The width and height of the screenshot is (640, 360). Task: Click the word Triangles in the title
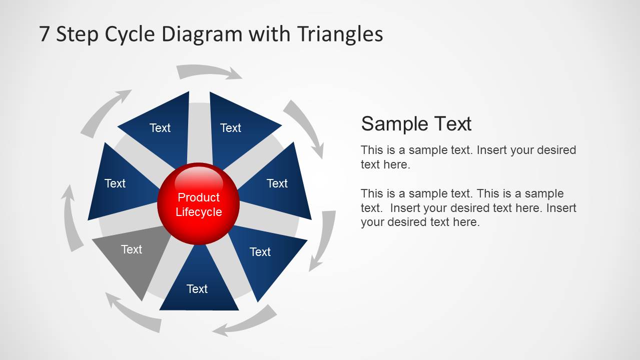click(x=340, y=34)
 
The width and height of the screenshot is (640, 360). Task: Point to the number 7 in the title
click(x=45, y=34)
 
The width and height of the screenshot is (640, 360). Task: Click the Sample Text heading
click(x=416, y=123)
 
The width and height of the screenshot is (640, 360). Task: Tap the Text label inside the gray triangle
click(x=132, y=249)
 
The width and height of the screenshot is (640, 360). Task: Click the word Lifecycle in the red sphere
click(x=199, y=212)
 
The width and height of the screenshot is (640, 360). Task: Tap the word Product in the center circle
click(x=199, y=197)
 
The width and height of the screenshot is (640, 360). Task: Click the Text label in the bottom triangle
click(x=197, y=289)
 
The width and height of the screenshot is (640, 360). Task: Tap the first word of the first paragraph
click(x=371, y=150)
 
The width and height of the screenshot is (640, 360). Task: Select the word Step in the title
click(x=77, y=34)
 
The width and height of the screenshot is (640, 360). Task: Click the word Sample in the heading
click(x=392, y=123)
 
